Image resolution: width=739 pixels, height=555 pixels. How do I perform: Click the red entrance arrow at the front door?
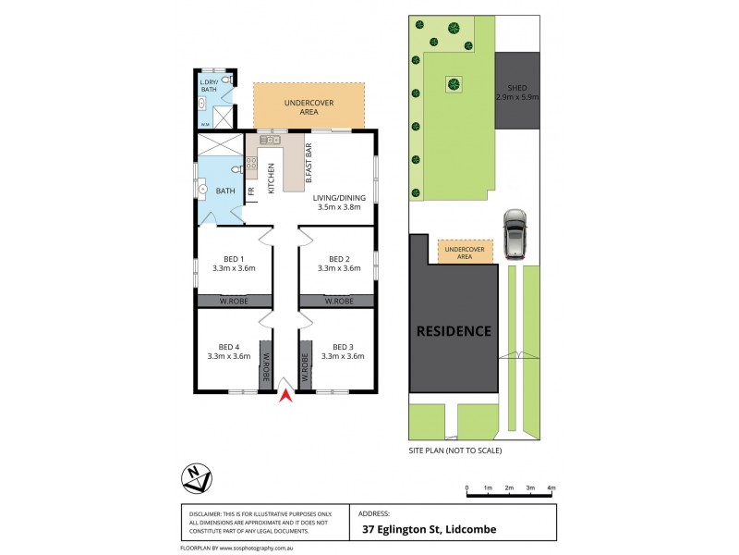(286, 396)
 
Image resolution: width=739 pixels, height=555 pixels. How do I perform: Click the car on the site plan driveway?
(514, 235)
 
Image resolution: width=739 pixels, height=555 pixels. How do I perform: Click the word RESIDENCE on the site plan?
(453, 330)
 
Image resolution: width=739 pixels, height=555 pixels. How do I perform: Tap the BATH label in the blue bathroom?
(225, 191)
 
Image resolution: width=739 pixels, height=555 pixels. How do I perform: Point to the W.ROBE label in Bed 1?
(233, 301)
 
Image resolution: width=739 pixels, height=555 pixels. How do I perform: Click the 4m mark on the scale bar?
(551, 487)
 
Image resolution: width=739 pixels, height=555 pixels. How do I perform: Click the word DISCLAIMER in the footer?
(207, 513)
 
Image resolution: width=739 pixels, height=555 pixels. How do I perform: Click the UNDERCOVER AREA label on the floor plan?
(309, 106)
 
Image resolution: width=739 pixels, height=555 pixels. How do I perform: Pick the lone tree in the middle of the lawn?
(454, 85)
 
